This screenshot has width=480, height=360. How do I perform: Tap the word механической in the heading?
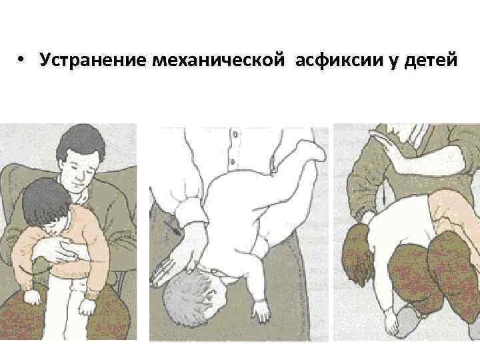click(x=219, y=60)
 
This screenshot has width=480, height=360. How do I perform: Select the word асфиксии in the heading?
click(x=339, y=60)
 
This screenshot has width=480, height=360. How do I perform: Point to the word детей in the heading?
click(x=431, y=60)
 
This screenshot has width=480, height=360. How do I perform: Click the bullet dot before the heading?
click(x=21, y=59)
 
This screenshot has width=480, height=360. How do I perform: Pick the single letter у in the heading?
click(x=394, y=62)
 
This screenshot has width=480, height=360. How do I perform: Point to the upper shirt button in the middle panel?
click(x=235, y=135)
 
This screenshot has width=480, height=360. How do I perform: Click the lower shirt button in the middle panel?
click(x=233, y=161)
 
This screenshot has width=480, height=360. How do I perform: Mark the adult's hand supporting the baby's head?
click(x=171, y=263)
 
